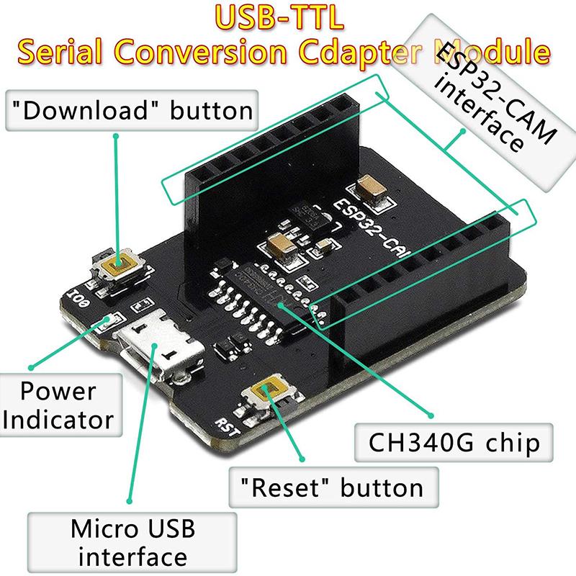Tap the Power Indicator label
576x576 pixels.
click(58, 405)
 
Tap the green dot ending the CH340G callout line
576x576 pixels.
click(431, 415)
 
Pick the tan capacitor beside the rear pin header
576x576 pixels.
click(377, 189)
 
